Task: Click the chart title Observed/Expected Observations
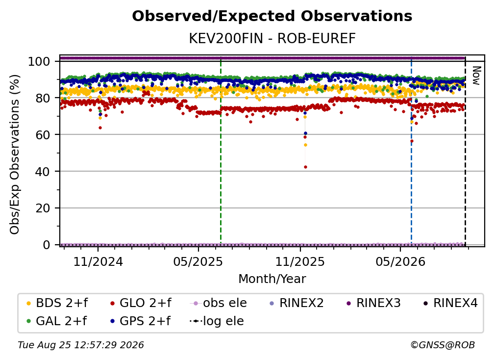coord(272,16)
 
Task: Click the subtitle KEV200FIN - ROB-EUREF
coord(272,38)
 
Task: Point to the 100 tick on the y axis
coord(39,61)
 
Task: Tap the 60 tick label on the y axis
coord(43,134)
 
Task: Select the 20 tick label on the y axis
coord(43,208)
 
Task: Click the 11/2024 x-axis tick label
coord(98,261)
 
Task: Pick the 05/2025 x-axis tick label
coord(198,261)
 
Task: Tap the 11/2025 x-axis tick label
coord(300,261)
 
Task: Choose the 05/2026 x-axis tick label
coord(400,261)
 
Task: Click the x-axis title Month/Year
coord(272,279)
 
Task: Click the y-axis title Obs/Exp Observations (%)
coord(15,154)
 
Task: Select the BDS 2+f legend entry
coord(57,303)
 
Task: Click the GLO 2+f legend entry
coord(141,303)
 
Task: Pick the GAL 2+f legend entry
coord(57,321)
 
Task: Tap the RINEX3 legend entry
coord(373,303)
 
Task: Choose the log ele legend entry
coord(217,321)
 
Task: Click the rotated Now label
coord(476,76)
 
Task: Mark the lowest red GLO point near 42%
coord(305,167)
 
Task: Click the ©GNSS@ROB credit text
coord(443,345)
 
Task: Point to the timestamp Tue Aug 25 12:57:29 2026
coord(81,345)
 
